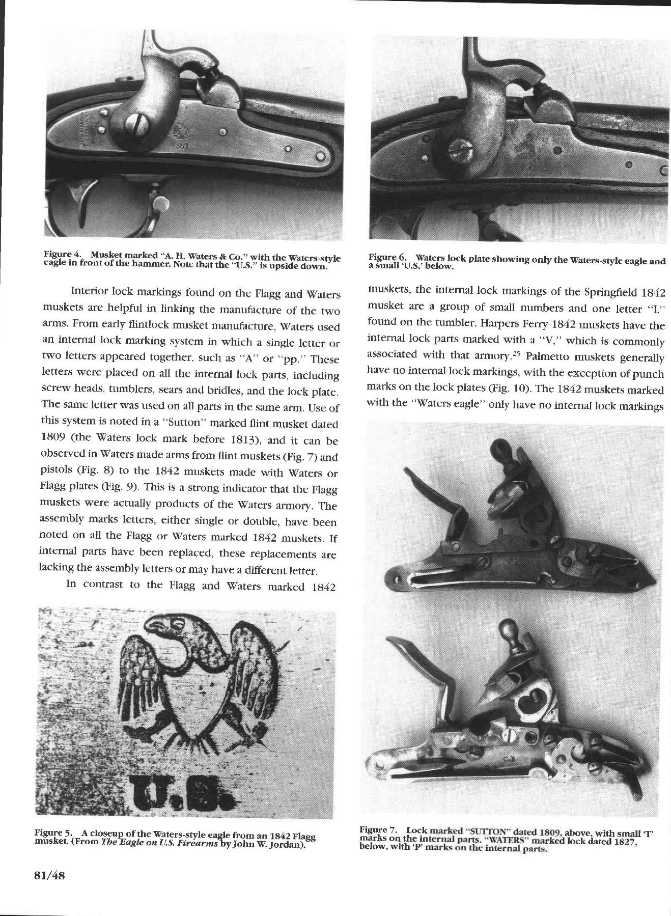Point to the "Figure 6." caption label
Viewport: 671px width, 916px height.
pos(384,258)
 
